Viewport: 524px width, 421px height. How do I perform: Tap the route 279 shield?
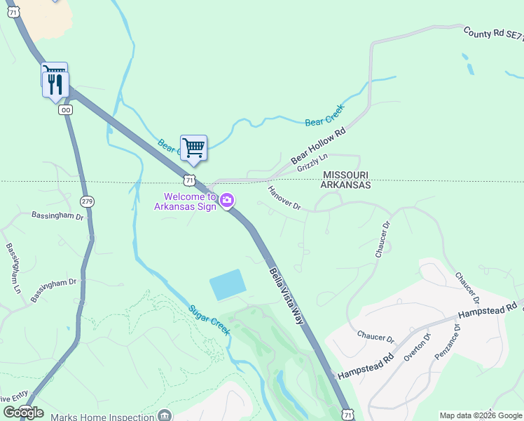[x=87, y=202]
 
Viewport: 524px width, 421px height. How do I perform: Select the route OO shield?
[x=66, y=110]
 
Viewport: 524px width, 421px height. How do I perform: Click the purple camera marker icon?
[x=227, y=201]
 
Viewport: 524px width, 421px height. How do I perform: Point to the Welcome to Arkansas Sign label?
[x=186, y=201]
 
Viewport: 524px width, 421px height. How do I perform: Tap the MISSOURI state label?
[x=345, y=175]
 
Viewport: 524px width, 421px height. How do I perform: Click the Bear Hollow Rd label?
[x=319, y=146]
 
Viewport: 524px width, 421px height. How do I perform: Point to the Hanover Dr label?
[x=284, y=198]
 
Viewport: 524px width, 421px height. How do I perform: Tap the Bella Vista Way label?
[x=287, y=294]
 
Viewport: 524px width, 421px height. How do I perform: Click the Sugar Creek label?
[x=209, y=319]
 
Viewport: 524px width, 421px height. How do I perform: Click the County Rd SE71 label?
[x=493, y=36]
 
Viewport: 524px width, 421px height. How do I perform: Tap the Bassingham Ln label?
[x=13, y=268]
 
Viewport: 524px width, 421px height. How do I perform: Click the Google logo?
[x=24, y=413]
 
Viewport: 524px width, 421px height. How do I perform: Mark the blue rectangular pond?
[x=228, y=285]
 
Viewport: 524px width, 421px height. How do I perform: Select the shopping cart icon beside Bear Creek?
[x=193, y=148]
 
